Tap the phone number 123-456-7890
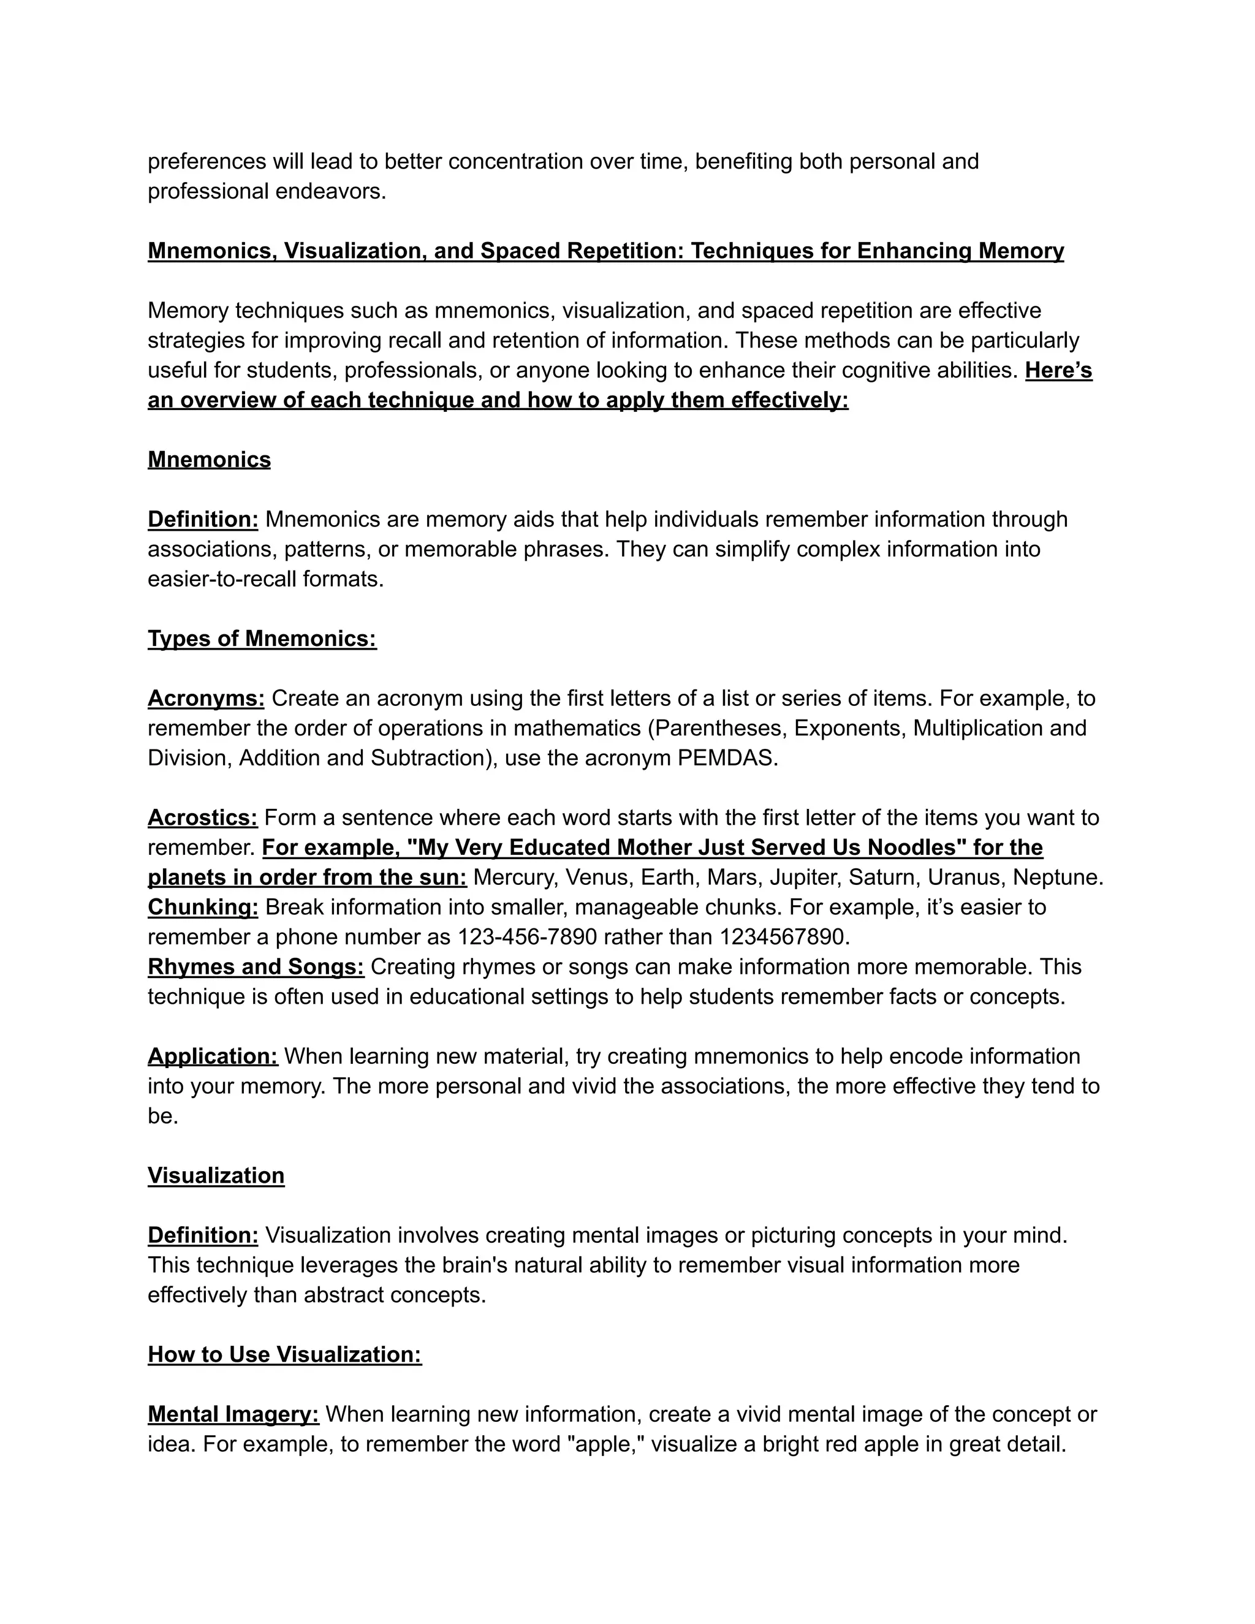[527, 937]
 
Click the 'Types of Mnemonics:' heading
[262, 639]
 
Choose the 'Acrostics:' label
[202, 818]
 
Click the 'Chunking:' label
[203, 907]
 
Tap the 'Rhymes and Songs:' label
[256, 966]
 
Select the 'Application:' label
[213, 1056]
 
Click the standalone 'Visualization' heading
[216, 1175]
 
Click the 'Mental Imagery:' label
[233, 1414]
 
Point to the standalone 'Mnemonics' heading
[209, 460]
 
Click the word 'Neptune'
[1056, 878]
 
